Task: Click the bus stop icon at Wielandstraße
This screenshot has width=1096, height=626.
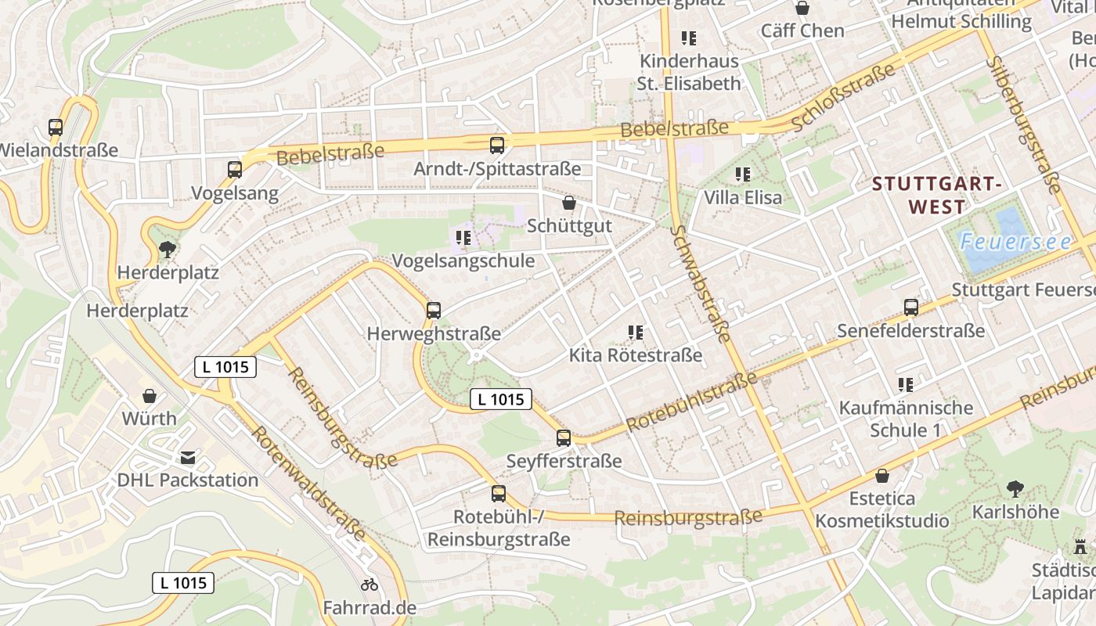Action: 56,128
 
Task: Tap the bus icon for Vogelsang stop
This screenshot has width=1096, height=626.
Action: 235,169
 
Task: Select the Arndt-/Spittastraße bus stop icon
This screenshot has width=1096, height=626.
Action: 497,145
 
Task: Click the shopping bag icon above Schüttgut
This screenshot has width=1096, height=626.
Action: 569,203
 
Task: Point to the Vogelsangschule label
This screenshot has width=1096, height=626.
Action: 463,261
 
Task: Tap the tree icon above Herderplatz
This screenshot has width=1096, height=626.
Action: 167,250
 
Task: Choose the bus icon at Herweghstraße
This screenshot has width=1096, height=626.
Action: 434,310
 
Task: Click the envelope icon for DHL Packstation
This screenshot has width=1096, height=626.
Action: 188,457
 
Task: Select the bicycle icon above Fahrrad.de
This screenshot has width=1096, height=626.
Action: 370,585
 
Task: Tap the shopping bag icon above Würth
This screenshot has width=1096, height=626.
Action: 149,396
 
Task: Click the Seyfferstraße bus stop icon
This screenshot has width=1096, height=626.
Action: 564,438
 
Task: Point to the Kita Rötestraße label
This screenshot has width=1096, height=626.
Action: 635,355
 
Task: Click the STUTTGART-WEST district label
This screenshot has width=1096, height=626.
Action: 937,196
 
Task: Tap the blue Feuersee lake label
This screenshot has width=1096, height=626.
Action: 1015,242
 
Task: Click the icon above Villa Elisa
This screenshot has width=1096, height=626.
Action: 743,174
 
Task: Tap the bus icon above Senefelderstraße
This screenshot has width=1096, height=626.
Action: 911,308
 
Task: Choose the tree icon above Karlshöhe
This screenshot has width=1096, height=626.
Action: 1015,489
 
